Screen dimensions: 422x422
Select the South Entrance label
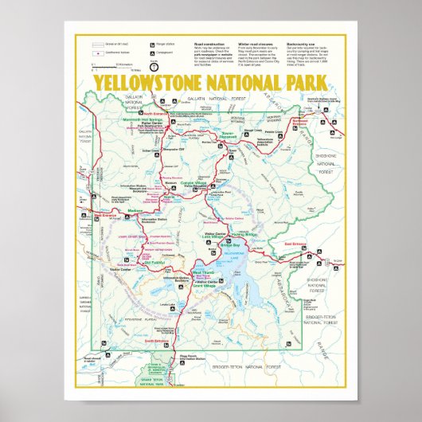(158, 341)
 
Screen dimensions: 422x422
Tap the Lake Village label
(217, 236)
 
